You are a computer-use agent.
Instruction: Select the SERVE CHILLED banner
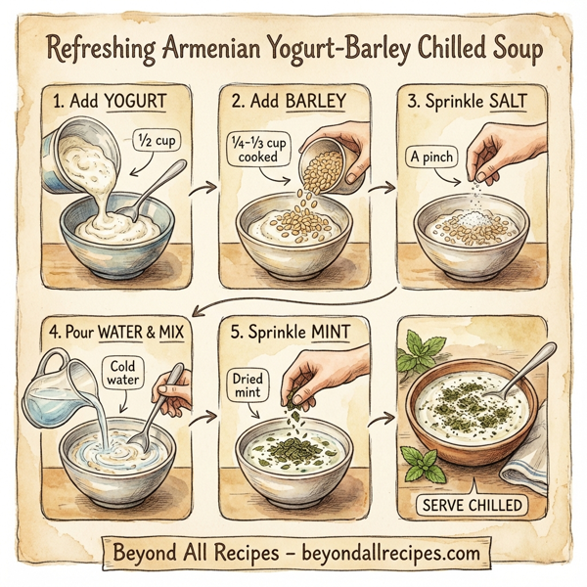click(469, 505)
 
